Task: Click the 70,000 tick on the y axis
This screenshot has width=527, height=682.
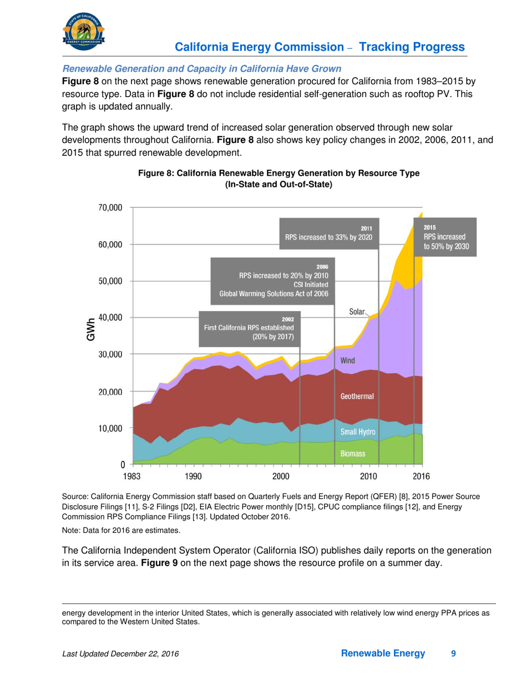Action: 109,208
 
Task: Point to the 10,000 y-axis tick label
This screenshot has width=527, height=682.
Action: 109,428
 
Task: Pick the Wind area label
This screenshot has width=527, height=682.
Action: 348,360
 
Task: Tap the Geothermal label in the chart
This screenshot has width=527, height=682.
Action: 357,396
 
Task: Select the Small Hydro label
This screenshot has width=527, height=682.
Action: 358,432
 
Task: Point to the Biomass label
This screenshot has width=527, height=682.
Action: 353,454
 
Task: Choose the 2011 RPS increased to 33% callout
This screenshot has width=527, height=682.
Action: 329,233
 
